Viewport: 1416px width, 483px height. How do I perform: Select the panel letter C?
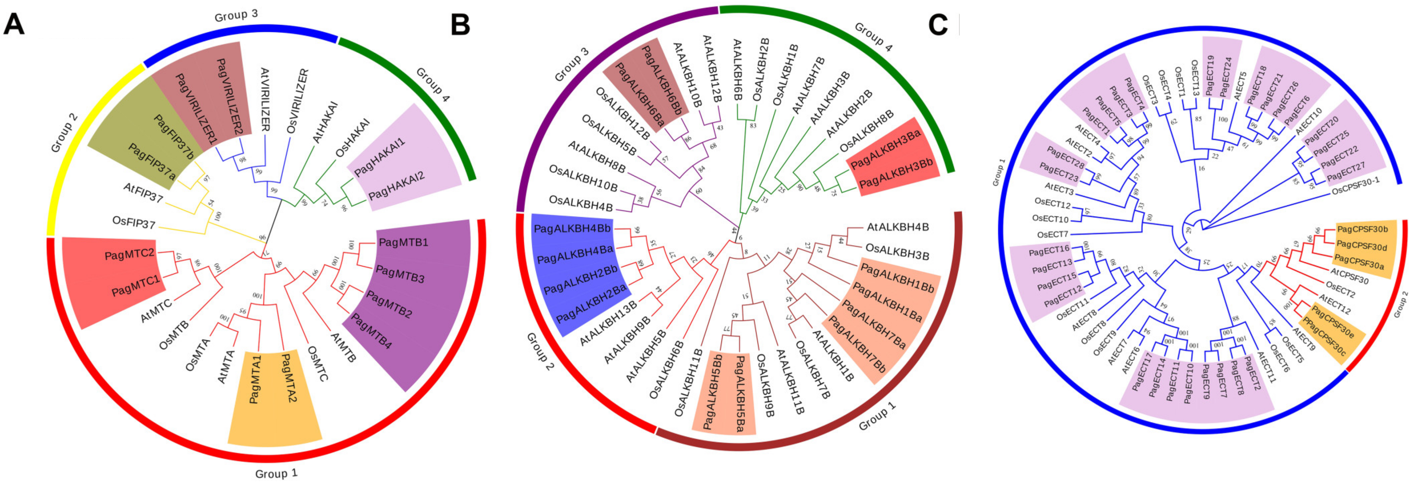click(x=938, y=25)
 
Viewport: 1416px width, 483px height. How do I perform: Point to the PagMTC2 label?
click(x=129, y=254)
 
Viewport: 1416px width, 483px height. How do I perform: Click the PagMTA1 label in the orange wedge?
click(x=254, y=379)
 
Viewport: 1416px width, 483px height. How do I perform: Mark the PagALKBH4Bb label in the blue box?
click(x=572, y=229)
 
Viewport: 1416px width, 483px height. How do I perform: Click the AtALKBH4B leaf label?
click(x=898, y=227)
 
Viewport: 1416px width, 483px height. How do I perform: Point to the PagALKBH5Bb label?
click(x=713, y=392)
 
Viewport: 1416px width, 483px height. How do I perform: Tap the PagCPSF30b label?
click(x=1362, y=229)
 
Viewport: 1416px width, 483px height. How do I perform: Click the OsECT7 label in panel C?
click(x=1052, y=235)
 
